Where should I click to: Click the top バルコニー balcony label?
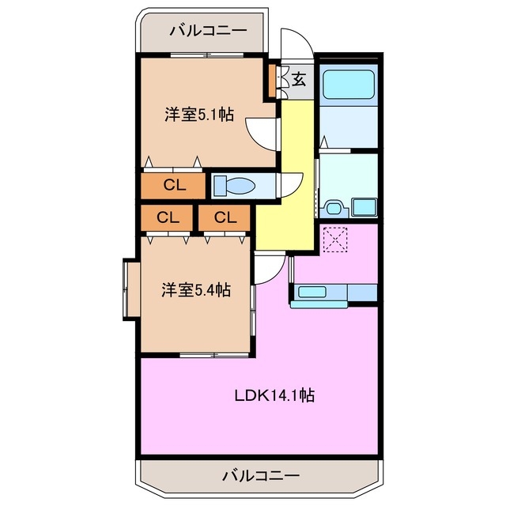208,31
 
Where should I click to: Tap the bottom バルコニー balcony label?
260,476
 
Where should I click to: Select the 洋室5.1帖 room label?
198,114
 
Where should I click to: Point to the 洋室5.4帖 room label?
196,290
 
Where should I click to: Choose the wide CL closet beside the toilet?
174,186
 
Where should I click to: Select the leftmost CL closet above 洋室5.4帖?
167,217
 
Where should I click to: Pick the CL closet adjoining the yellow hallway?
225,217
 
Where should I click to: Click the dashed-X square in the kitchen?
335,239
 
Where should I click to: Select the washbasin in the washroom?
334,208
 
